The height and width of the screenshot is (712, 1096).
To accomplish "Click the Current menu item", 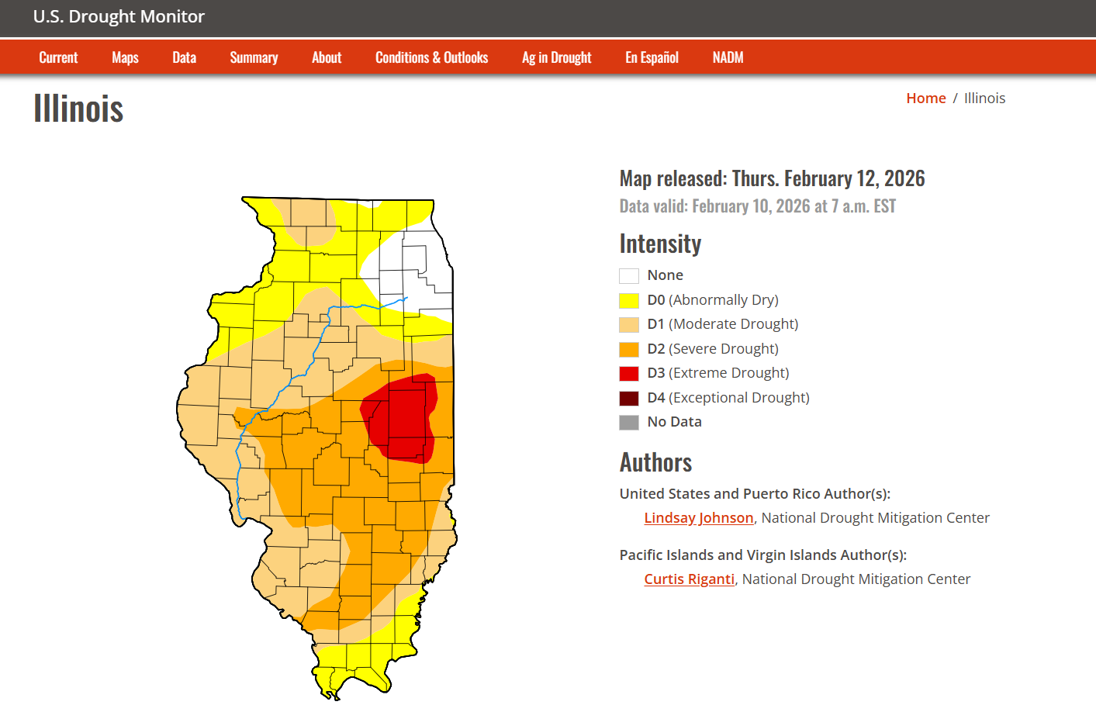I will pyautogui.click(x=58, y=57).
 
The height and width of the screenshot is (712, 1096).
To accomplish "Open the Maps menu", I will pyautogui.click(x=125, y=57).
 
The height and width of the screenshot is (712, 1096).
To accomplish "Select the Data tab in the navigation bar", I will pyautogui.click(x=184, y=57).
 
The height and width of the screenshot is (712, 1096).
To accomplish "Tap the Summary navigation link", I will pyautogui.click(x=254, y=57).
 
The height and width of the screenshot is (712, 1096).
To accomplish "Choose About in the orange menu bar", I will pyautogui.click(x=327, y=57).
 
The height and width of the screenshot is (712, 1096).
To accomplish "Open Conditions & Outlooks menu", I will pyautogui.click(x=431, y=57).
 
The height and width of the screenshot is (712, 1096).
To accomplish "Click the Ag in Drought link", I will pyautogui.click(x=556, y=57).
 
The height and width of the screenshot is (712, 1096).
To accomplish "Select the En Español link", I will pyautogui.click(x=652, y=57).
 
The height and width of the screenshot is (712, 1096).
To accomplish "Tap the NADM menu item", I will pyautogui.click(x=728, y=57).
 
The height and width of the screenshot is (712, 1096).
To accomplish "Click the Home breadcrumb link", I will pyautogui.click(x=925, y=99).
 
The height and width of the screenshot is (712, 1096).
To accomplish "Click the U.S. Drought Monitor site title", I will pyautogui.click(x=119, y=17).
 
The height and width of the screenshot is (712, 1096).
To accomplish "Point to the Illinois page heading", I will pyautogui.click(x=78, y=109).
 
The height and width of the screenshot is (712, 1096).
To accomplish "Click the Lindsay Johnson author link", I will pyautogui.click(x=698, y=518).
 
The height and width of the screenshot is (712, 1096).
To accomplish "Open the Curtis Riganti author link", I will pyautogui.click(x=689, y=579).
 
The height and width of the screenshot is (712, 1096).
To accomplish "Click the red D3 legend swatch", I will pyautogui.click(x=629, y=374).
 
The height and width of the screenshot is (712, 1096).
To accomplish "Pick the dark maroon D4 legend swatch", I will pyautogui.click(x=629, y=398).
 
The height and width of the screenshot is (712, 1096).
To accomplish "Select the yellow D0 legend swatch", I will pyautogui.click(x=629, y=300).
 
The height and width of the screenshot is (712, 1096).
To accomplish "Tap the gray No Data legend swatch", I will pyautogui.click(x=629, y=423).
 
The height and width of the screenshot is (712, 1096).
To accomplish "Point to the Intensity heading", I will pyautogui.click(x=660, y=244).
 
